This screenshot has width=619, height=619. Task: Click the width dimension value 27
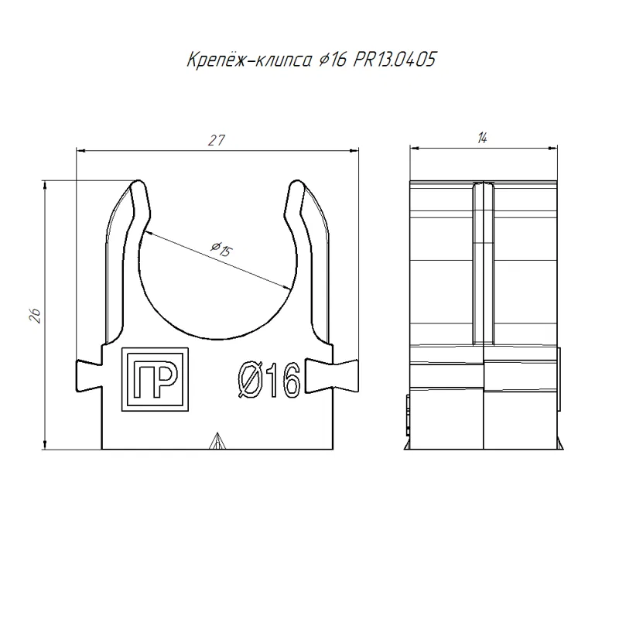click(217, 140)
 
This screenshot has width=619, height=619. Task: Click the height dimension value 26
click(36, 316)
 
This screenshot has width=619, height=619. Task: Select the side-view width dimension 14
click(482, 138)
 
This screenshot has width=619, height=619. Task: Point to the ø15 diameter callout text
click(221, 249)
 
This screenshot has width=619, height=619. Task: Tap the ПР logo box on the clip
click(156, 379)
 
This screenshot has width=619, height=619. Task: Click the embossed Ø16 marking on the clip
click(269, 380)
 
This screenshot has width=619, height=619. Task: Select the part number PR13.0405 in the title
click(395, 60)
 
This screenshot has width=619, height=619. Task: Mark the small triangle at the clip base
click(217, 441)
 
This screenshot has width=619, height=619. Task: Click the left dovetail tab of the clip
click(89, 376)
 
